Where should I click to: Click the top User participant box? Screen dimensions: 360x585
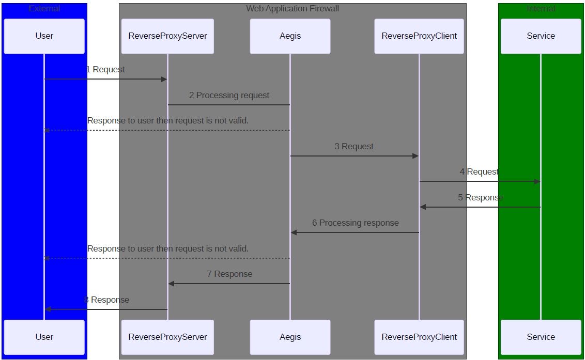click(x=44, y=36)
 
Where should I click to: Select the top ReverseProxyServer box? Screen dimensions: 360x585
click(x=167, y=36)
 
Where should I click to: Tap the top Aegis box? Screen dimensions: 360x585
click(x=290, y=36)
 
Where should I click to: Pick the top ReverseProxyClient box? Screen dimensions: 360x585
click(x=419, y=36)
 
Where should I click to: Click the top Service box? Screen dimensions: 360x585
click(x=541, y=36)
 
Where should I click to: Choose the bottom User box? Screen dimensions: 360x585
click(x=44, y=337)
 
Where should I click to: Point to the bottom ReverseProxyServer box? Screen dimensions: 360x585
click(x=167, y=337)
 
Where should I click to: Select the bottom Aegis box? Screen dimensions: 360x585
click(x=290, y=337)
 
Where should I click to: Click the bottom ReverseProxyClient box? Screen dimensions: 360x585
click(x=419, y=337)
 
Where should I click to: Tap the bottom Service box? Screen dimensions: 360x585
click(x=541, y=337)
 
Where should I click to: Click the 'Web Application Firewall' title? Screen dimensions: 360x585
click(x=292, y=9)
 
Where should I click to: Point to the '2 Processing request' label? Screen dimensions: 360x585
click(x=229, y=95)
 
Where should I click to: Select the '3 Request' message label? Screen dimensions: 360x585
click(x=354, y=146)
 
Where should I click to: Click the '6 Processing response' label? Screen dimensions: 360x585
click(x=355, y=223)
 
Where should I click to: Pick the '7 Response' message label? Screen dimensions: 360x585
click(x=229, y=274)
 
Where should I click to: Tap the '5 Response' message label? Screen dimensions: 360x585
click(x=480, y=197)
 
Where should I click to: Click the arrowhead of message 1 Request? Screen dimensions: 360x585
click(x=164, y=79)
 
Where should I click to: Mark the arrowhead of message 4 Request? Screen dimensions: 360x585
click(x=537, y=181)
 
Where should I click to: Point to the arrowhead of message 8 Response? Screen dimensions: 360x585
click(x=48, y=309)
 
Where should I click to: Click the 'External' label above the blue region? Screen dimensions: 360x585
click(x=44, y=9)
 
